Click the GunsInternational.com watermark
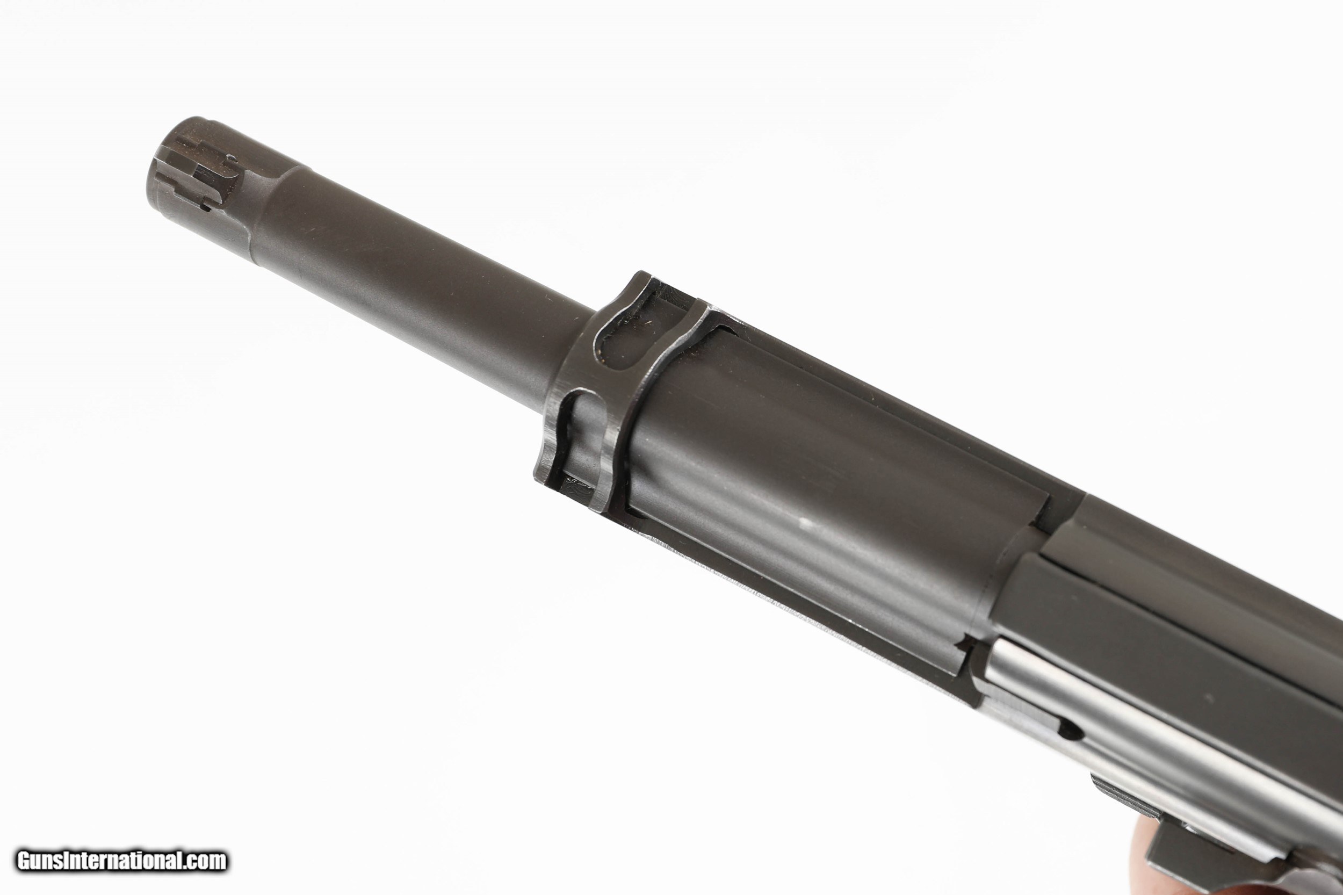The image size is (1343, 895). pyautogui.click(x=121, y=861)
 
